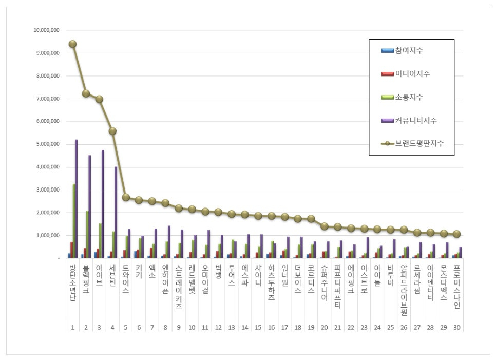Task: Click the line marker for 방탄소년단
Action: pos(72,44)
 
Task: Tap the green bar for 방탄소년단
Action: pos(73,221)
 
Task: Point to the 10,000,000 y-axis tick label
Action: pos(46,30)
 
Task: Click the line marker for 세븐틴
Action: pos(112,131)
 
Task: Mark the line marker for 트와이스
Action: pos(126,197)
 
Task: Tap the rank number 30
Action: pos(457,327)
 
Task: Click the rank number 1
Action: pos(72,327)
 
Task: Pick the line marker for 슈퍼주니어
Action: pos(325,226)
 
